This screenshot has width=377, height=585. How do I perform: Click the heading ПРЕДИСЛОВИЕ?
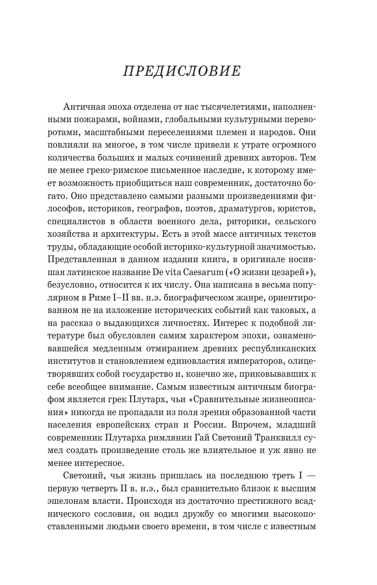click(182, 72)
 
